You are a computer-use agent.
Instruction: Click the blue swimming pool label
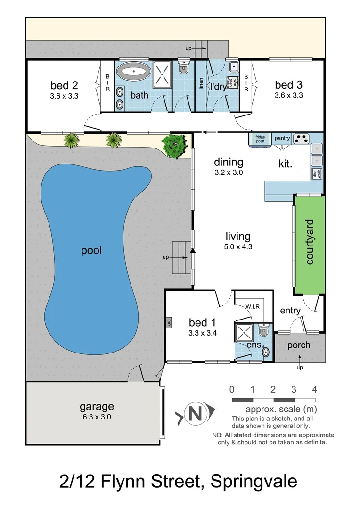point(91,250)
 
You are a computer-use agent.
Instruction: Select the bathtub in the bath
point(133,73)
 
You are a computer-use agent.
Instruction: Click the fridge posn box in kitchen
point(260,139)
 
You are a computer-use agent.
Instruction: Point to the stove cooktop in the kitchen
point(301,139)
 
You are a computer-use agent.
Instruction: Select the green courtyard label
point(310,242)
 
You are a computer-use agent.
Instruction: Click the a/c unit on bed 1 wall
point(168,323)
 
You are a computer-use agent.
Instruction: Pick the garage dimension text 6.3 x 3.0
point(96,416)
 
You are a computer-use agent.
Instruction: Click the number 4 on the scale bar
point(314,389)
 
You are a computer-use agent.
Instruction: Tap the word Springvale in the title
point(254,482)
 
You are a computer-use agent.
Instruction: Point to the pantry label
point(282,138)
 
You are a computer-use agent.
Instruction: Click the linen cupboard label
point(201,86)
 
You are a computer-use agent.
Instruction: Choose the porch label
point(299,345)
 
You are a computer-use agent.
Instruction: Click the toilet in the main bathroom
point(183,68)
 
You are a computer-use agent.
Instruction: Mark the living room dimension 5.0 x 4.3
point(238,246)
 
